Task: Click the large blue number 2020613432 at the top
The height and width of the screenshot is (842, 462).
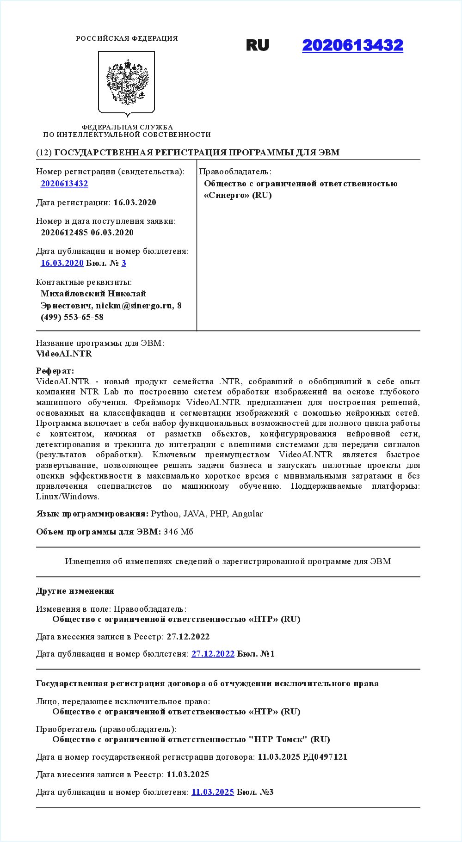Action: (352, 45)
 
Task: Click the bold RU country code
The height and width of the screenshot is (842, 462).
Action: (258, 45)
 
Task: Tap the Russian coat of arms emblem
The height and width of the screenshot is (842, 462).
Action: (127, 82)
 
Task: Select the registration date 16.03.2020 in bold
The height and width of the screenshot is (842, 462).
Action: (135, 203)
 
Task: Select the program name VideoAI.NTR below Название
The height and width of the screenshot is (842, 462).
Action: (64, 354)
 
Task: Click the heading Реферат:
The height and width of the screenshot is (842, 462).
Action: (55, 371)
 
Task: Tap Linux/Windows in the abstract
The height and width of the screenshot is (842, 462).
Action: (68, 497)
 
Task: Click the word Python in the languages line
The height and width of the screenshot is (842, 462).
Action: (164, 514)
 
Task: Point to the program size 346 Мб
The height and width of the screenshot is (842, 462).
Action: (178, 532)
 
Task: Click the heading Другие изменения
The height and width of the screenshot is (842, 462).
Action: (75, 591)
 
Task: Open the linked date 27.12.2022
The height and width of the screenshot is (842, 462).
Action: (213, 654)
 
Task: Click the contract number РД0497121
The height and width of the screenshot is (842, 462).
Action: (325, 757)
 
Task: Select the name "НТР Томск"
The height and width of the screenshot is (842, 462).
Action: (278, 739)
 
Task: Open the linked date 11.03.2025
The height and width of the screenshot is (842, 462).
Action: (213, 792)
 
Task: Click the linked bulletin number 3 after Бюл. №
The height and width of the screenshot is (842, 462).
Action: (124, 263)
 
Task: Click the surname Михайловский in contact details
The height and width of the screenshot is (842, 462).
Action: (73, 294)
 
